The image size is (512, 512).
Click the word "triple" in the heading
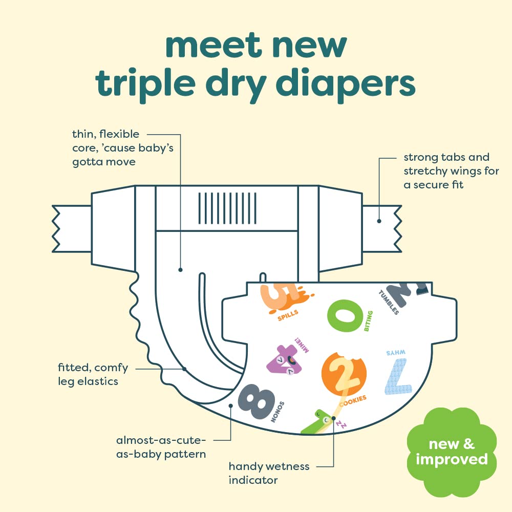click(145, 84)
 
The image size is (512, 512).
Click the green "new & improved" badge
click(452, 452)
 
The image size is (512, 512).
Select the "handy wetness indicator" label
click(269, 473)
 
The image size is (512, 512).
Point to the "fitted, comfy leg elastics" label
click(93, 374)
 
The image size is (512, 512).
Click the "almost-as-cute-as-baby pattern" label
click(161, 447)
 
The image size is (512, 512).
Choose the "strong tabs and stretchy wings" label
click(451, 171)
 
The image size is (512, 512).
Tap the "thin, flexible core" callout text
click(123, 148)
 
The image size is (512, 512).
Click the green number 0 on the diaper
click(345, 316)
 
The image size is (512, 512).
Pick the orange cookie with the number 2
click(344, 374)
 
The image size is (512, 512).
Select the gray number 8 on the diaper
click(257, 401)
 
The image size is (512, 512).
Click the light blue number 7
click(398, 376)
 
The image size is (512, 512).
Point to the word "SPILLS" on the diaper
click(288, 315)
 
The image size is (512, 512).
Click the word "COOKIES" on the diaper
click(353, 401)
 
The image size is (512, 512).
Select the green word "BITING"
click(368, 321)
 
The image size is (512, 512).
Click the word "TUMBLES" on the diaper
click(389, 302)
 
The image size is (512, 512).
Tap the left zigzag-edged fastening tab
click(72, 228)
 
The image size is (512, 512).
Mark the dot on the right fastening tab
click(379, 221)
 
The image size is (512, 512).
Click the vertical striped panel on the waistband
click(227, 208)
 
